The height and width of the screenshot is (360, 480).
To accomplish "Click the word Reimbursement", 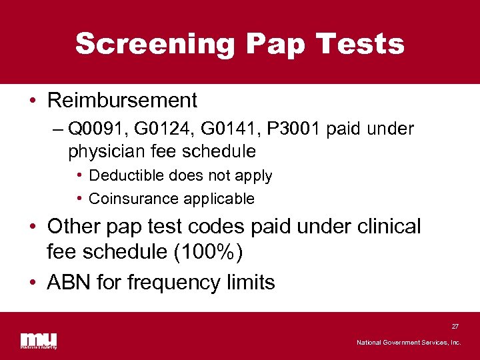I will [122, 101].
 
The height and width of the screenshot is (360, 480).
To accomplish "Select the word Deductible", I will [127, 176].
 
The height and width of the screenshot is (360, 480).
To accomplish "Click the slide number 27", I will [455, 327].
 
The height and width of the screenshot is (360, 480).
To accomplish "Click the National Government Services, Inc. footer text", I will [409, 343].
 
